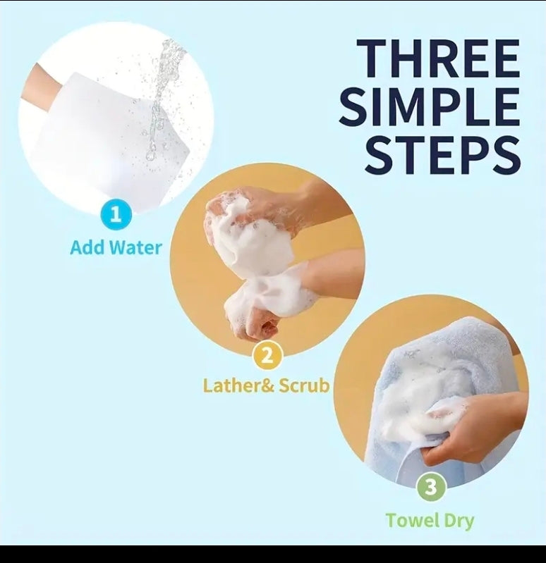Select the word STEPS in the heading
(x=442, y=156)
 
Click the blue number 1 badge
(x=116, y=214)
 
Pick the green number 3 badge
(x=430, y=487)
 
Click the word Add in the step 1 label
(x=87, y=247)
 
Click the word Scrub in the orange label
(x=304, y=385)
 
